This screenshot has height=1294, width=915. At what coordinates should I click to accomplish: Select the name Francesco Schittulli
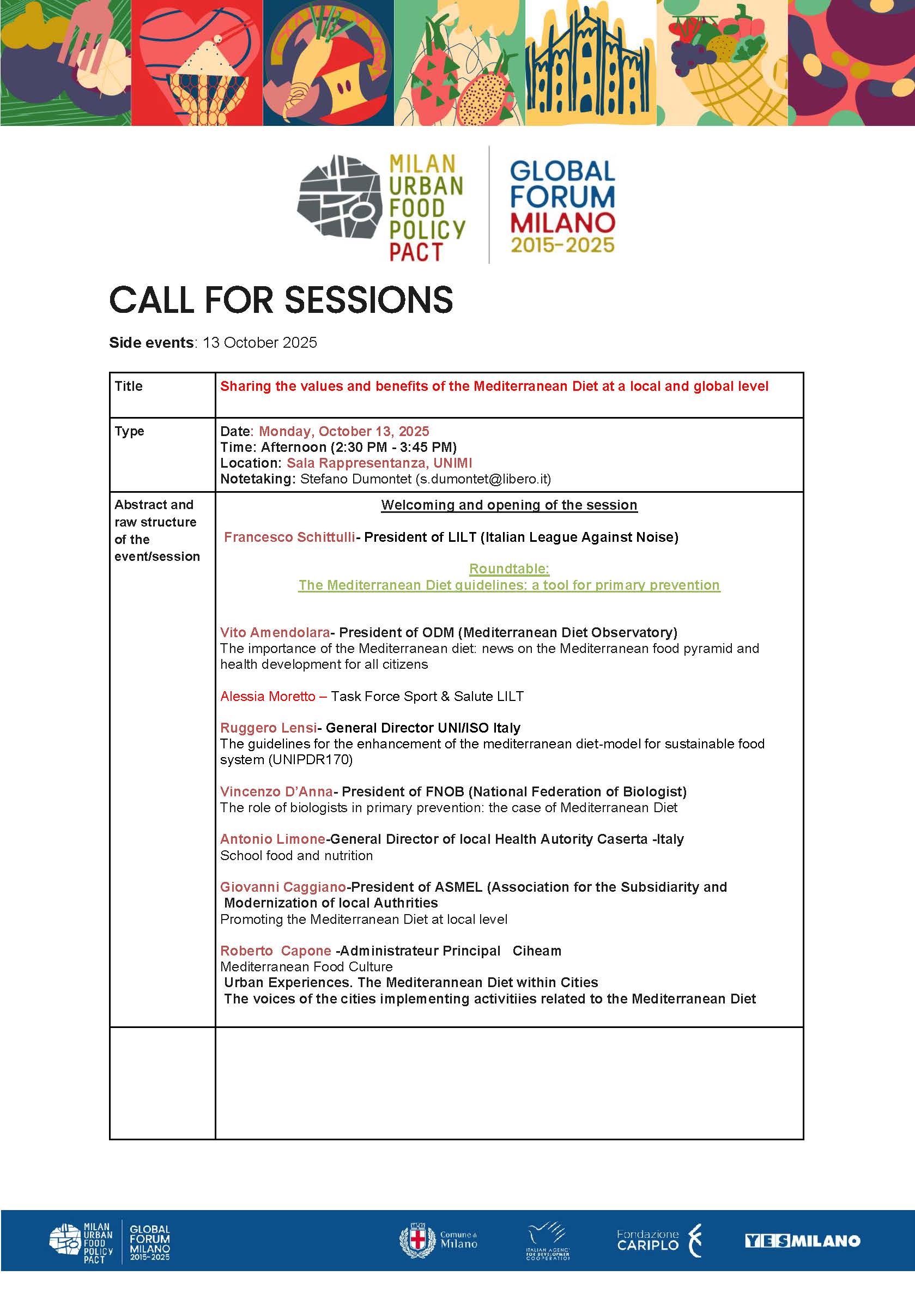point(289,537)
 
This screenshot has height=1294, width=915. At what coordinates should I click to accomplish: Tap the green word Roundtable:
point(509,569)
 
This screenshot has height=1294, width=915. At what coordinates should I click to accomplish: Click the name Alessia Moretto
point(268,696)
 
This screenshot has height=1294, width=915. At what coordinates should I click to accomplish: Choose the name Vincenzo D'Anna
point(276,792)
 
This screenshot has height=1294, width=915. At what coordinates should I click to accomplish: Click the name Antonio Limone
point(272,839)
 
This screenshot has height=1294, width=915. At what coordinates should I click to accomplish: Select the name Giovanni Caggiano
point(283,887)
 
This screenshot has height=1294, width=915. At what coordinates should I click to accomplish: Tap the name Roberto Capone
point(275,951)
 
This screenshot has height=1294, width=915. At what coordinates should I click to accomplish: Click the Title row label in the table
point(129,386)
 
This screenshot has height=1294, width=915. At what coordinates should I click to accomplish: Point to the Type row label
point(129,431)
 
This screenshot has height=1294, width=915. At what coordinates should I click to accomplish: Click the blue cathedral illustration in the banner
point(590,63)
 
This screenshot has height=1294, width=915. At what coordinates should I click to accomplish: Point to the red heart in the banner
point(197,63)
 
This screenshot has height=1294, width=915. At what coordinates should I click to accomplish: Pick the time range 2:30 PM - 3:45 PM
point(388,447)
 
